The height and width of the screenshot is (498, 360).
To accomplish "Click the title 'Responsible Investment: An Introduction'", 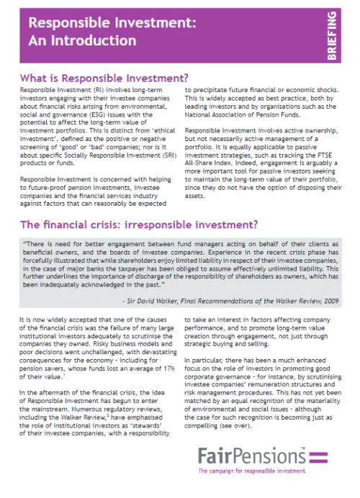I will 111,30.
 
